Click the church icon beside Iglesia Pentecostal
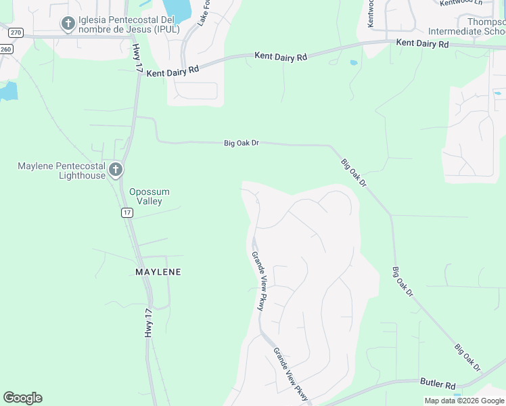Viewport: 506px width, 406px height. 68,24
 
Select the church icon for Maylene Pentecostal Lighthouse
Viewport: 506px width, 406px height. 116,169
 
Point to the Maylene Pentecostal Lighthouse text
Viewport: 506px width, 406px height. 62,171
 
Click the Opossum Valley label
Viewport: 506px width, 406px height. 149,196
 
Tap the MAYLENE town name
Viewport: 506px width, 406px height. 158,272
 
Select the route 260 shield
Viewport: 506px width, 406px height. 6,49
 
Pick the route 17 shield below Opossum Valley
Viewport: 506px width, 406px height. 127,212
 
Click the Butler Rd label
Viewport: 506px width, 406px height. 438,384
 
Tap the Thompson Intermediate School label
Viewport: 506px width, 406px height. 467,26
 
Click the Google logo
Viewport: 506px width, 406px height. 22,398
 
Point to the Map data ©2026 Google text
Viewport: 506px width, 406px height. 464,401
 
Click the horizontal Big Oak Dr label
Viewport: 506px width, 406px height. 241,143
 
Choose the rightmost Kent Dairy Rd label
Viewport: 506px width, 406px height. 422,43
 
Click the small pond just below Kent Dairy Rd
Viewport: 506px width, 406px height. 354,63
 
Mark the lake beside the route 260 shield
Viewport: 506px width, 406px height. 7,91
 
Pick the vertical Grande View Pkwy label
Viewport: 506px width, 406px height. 258,281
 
